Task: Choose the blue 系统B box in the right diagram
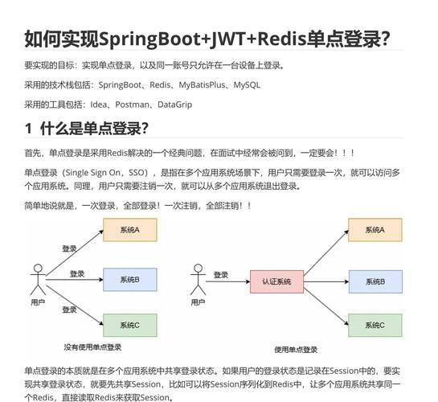click(374, 281)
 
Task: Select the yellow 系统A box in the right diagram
click(374, 231)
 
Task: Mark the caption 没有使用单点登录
click(92, 347)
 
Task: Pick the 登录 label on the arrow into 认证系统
click(221, 275)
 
